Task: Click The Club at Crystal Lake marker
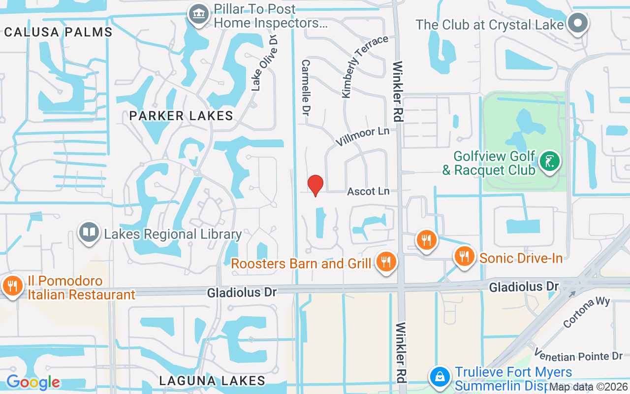pos(578,23)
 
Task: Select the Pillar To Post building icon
pos(198,13)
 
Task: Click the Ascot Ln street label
pos(368,191)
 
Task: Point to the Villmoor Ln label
pos(363,136)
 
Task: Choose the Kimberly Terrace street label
pos(364,66)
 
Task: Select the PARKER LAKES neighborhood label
pos(181,116)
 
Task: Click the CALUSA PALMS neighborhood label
pos(58,33)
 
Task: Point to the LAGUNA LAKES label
pos(212,381)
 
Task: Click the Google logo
pos(33,382)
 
